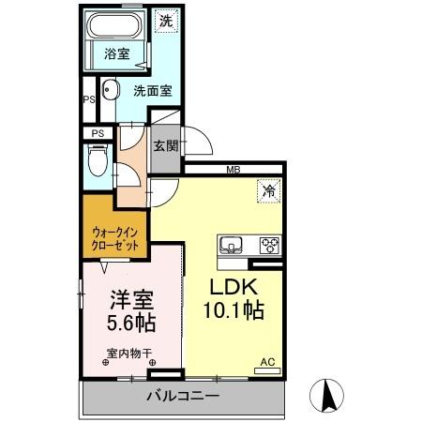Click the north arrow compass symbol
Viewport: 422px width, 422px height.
[x=328, y=394]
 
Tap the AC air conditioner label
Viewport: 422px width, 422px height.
[x=266, y=361]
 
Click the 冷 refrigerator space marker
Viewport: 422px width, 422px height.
[x=268, y=189]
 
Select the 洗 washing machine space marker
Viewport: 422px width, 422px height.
[x=165, y=19]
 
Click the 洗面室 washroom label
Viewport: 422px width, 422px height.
[x=151, y=91]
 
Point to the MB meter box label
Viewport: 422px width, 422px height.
[x=231, y=170]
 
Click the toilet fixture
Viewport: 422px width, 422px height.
[x=97, y=165]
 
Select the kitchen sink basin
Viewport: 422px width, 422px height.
[x=232, y=247]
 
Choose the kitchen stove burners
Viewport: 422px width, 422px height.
[x=268, y=247]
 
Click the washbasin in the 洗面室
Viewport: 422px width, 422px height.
[x=109, y=91]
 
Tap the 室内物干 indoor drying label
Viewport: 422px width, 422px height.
[x=129, y=354]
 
